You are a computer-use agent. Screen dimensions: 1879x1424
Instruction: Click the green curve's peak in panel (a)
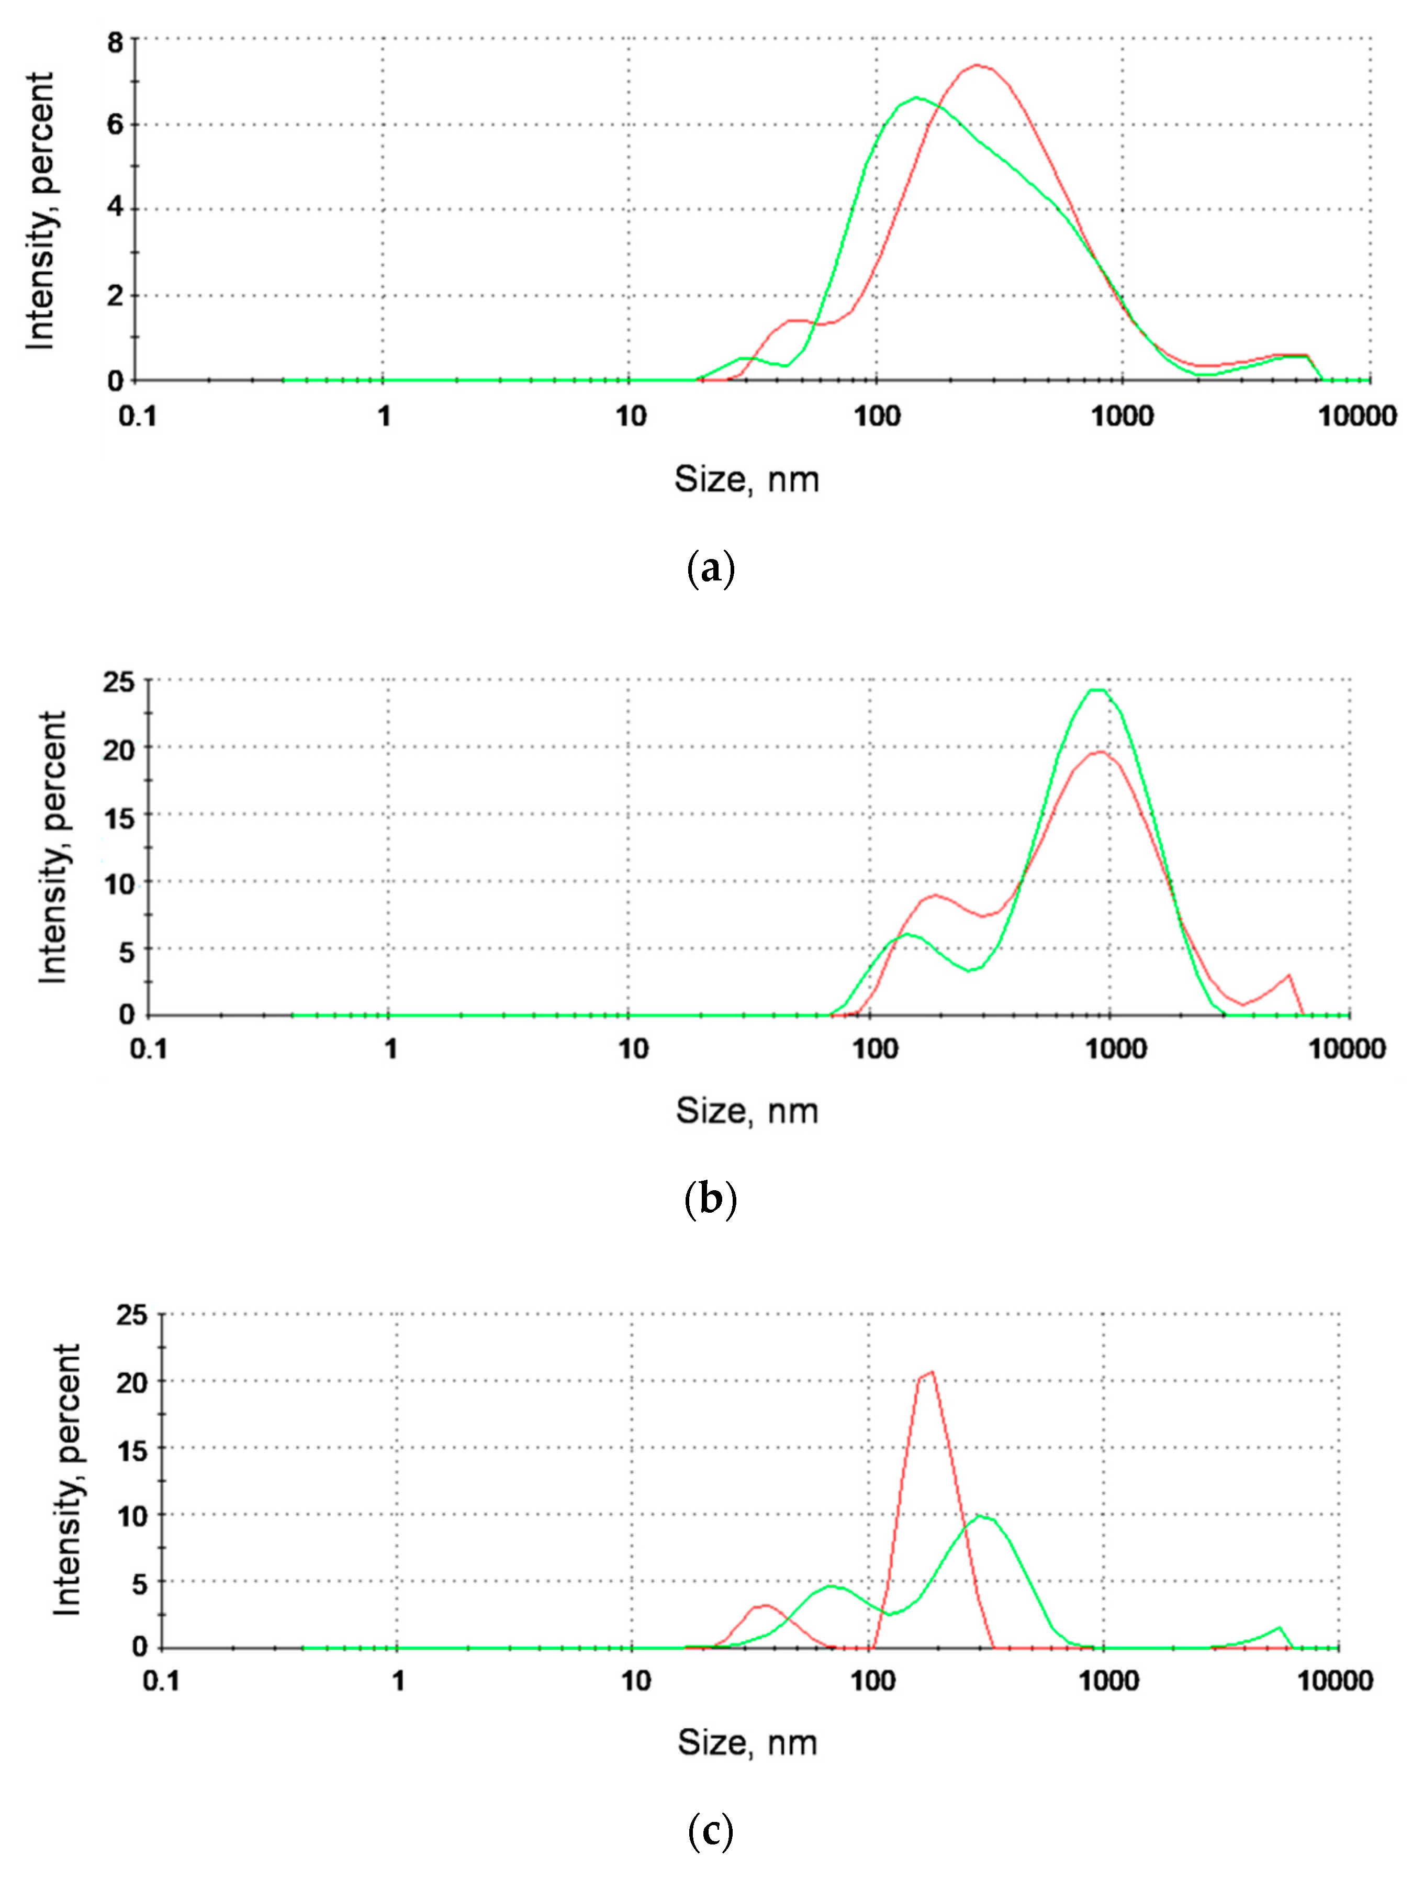[915, 98]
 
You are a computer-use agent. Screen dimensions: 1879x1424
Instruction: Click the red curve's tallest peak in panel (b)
[1100, 752]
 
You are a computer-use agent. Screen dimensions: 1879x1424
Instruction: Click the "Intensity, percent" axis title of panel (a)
[39, 210]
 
